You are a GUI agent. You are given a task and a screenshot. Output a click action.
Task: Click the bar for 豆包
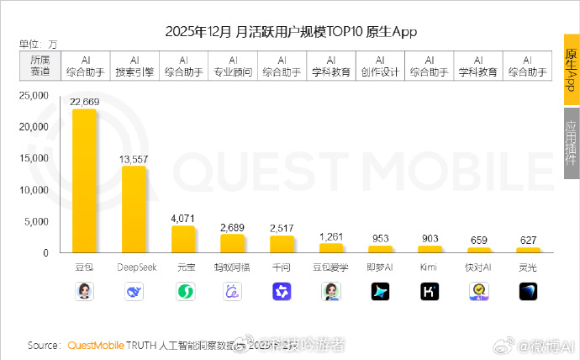(84, 181)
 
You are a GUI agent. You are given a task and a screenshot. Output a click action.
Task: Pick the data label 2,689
(233, 228)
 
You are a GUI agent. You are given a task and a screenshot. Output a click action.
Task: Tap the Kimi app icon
(430, 291)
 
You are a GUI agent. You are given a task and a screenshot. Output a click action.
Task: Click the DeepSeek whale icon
(134, 291)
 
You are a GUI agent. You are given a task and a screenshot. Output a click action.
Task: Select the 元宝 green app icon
(183, 291)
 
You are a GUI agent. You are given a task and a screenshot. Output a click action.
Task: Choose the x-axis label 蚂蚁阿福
(233, 267)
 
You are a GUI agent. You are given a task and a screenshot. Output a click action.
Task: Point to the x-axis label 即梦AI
(381, 267)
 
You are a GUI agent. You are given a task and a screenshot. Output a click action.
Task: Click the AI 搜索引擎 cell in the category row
(134, 66)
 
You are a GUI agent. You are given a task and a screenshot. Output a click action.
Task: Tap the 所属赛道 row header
(40, 66)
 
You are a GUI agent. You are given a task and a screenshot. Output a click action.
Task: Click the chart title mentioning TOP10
(290, 32)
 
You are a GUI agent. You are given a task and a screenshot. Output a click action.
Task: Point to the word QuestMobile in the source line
(95, 345)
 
